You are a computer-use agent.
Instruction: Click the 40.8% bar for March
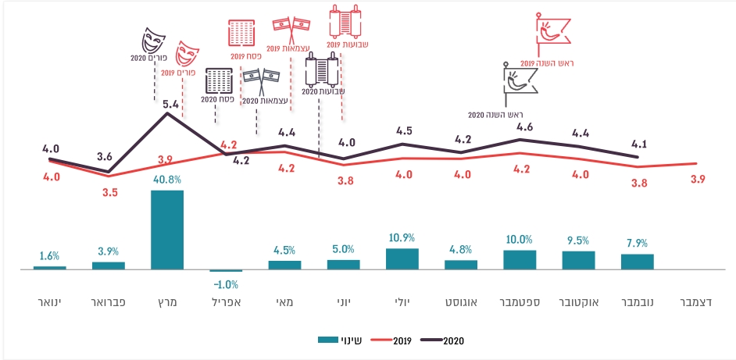tap(166, 230)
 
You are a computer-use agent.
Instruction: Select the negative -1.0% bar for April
tap(226, 271)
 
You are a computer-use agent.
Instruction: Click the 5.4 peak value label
tap(168, 102)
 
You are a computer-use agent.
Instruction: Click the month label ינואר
tap(49, 301)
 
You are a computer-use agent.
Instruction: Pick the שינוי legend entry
tap(337, 340)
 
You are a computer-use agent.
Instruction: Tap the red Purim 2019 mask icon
tap(186, 55)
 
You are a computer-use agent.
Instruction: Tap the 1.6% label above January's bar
tap(48, 255)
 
